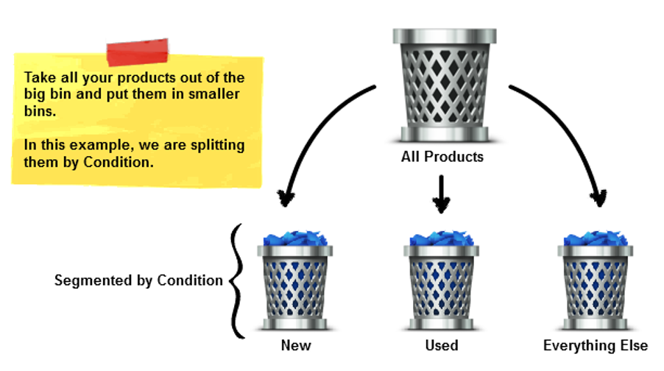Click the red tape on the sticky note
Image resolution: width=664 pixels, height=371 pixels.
point(138,52)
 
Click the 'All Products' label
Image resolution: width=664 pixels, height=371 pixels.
point(442,156)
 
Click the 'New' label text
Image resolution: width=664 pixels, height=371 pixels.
point(296,345)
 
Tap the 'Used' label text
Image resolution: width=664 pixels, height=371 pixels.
point(442,345)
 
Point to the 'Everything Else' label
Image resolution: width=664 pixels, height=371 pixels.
point(596,345)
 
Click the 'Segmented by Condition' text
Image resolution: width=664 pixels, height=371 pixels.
point(138,280)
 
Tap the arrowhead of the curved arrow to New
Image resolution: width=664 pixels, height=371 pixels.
point(286,197)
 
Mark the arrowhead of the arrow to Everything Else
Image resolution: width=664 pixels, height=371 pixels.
point(598,197)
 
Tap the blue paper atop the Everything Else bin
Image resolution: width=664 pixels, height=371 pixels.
point(596,239)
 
